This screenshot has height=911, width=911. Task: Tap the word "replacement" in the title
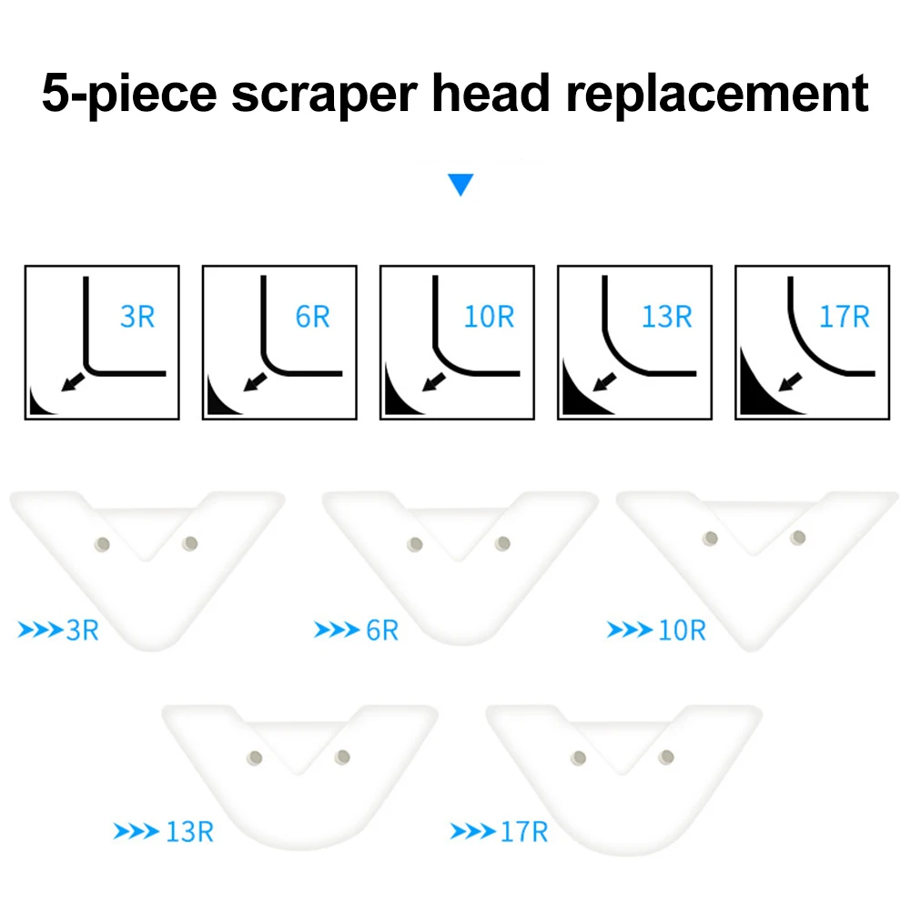[x=715, y=95]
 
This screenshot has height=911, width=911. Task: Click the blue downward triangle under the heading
[x=461, y=187]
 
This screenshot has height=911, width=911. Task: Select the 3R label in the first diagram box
[x=137, y=317]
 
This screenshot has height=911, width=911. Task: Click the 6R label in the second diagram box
[x=312, y=317]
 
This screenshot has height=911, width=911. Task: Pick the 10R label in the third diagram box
[x=489, y=317]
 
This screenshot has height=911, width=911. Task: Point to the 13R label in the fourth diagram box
[x=666, y=317]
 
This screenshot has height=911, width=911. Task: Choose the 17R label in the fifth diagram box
[x=844, y=317]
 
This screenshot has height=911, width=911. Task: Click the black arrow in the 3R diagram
[x=76, y=380]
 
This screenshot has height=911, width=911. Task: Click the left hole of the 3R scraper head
[x=103, y=544]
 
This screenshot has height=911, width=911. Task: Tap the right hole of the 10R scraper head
[x=798, y=538]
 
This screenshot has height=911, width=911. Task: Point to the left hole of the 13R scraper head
[x=256, y=757]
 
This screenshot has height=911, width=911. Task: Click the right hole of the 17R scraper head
[x=668, y=756]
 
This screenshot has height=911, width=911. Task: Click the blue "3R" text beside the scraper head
[x=82, y=630]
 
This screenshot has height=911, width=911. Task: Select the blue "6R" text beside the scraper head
[x=382, y=630]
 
